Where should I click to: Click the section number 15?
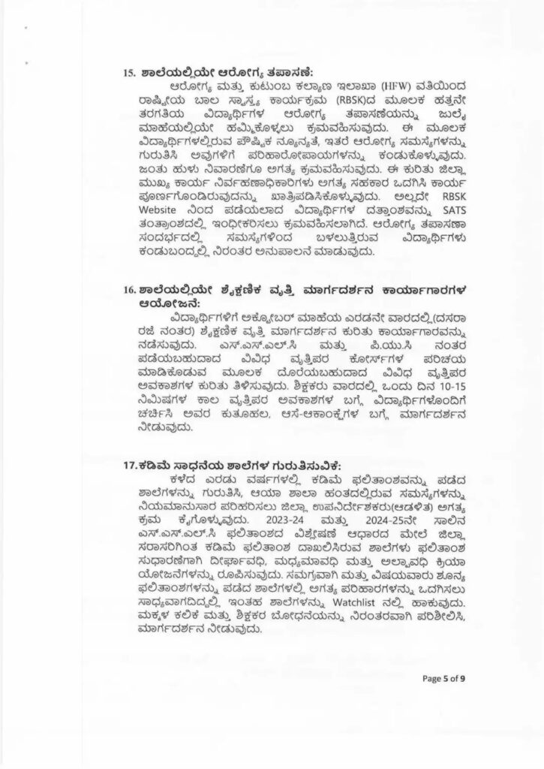coord(128,73)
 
